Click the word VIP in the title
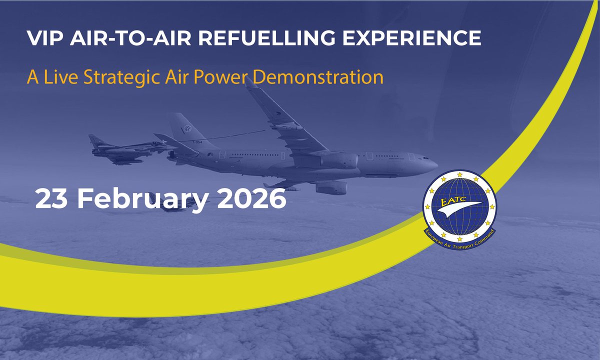(x=41, y=39)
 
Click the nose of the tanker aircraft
(x=434, y=163)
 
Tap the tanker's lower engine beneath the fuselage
(x=330, y=188)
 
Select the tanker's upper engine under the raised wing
(x=340, y=160)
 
